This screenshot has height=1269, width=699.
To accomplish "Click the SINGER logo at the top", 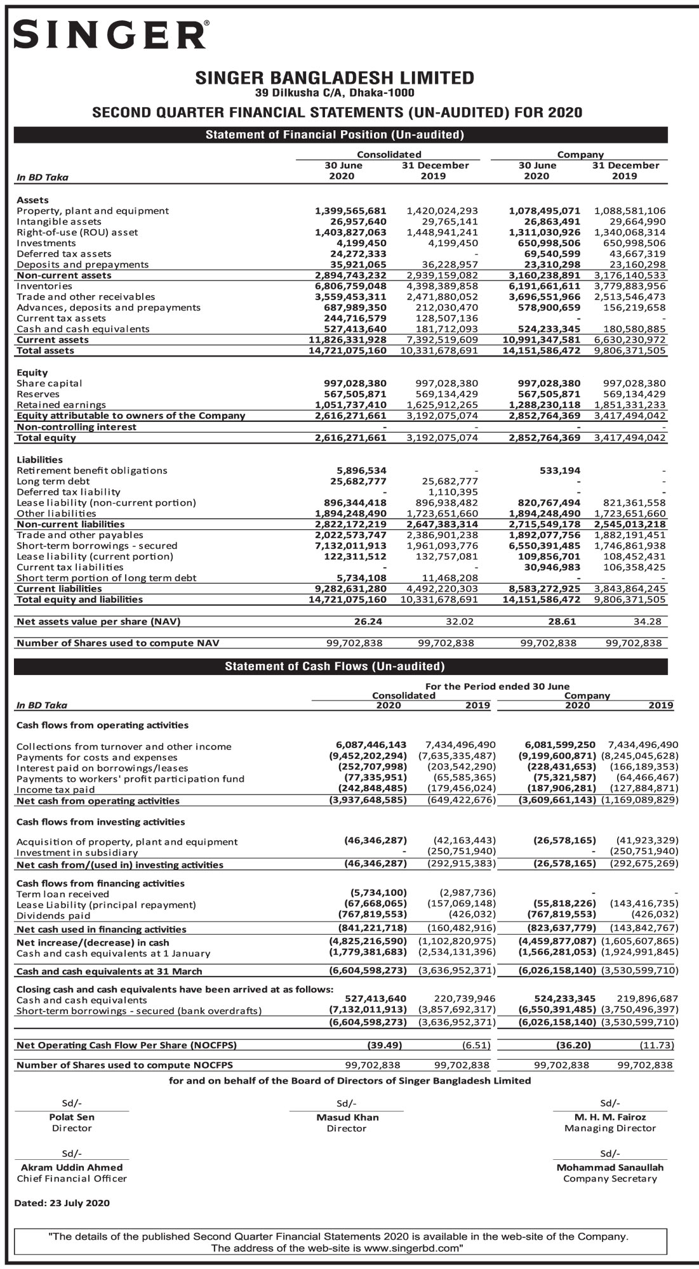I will [110, 35].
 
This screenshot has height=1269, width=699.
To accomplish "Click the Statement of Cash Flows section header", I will [335, 666].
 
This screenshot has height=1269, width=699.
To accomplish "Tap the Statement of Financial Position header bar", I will [335, 135].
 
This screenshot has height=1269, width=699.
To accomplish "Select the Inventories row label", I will [44, 286].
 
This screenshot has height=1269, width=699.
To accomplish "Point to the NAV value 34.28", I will [648, 622].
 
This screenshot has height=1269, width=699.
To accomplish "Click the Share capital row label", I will [50, 383].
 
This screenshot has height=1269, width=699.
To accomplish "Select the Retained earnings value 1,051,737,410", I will [350, 405].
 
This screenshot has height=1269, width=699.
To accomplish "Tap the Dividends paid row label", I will [53, 916].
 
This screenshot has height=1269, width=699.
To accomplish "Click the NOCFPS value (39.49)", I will [385, 1045].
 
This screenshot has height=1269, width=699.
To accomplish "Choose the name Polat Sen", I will [72, 1117].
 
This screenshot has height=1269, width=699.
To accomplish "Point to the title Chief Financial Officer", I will [72, 1178].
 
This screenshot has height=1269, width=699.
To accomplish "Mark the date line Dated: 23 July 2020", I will [62, 1203].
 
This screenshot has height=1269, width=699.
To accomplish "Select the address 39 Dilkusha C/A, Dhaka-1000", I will [335, 93].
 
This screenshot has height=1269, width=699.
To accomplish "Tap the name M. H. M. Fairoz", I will [610, 1117].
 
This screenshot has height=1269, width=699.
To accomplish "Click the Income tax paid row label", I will [56, 790].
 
